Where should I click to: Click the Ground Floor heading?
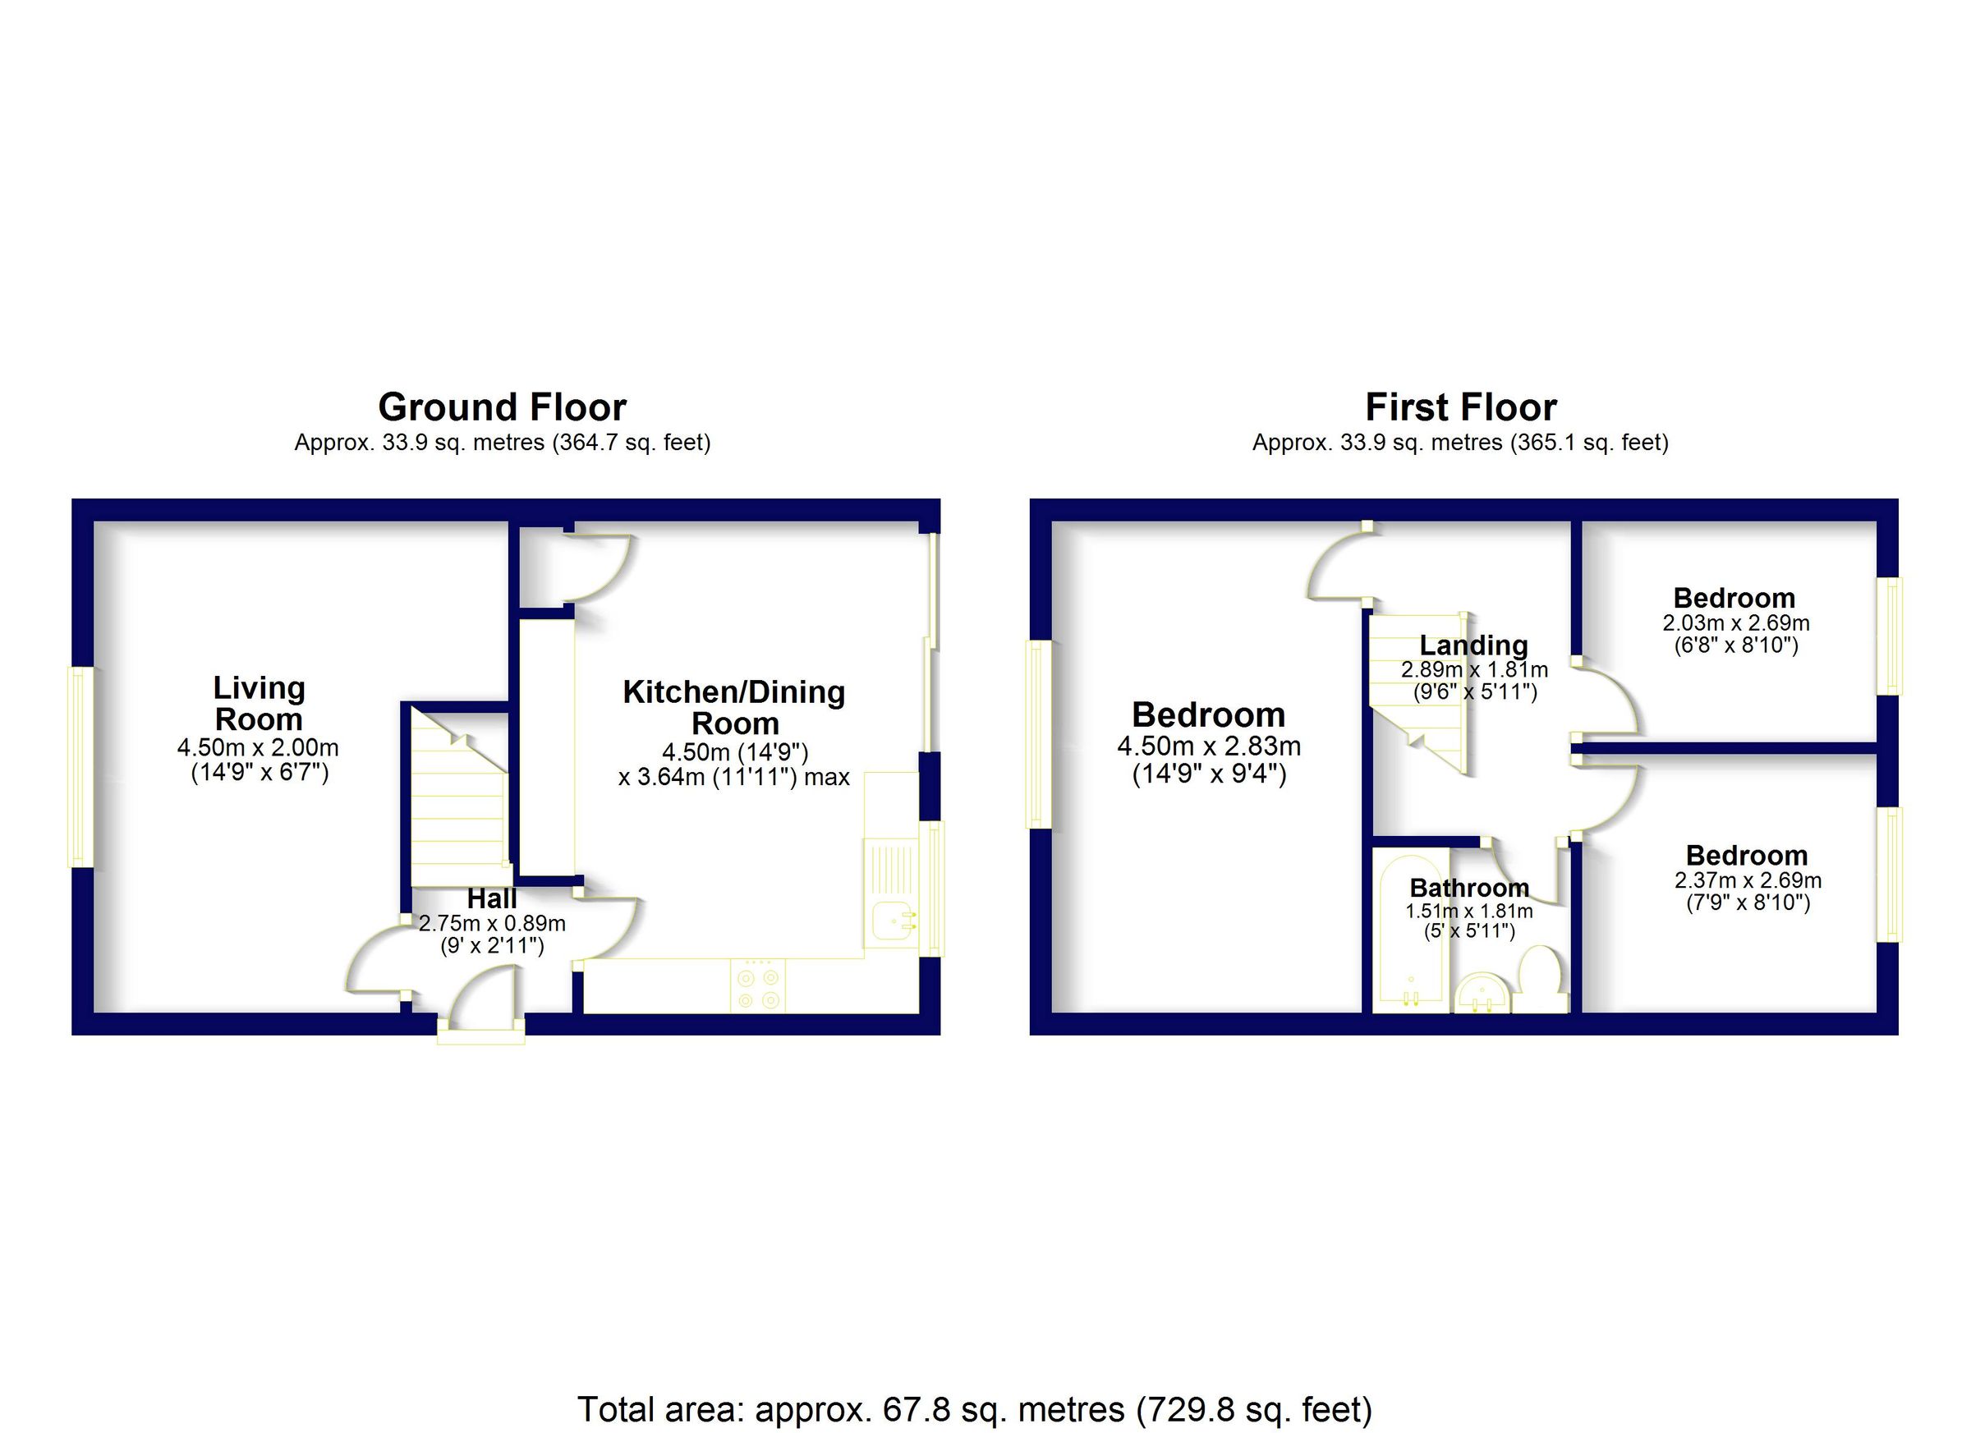click(x=502, y=406)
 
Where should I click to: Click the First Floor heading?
click(x=1460, y=406)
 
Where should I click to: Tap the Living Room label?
click(x=259, y=703)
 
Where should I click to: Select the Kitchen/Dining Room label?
click(x=734, y=707)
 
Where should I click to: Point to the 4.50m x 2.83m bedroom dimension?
click(x=1208, y=746)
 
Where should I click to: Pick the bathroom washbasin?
click(x=1482, y=994)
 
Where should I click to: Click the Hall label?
click(x=492, y=898)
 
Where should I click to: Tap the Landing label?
click(x=1473, y=645)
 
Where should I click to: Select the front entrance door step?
click(x=480, y=1035)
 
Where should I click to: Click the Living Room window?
click(x=80, y=766)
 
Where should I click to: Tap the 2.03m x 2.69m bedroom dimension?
click(x=1735, y=623)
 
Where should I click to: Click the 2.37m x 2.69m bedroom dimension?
click(x=1748, y=880)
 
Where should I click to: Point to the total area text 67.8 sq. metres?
click(x=974, y=1408)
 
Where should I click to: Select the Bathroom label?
click(x=1468, y=887)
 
